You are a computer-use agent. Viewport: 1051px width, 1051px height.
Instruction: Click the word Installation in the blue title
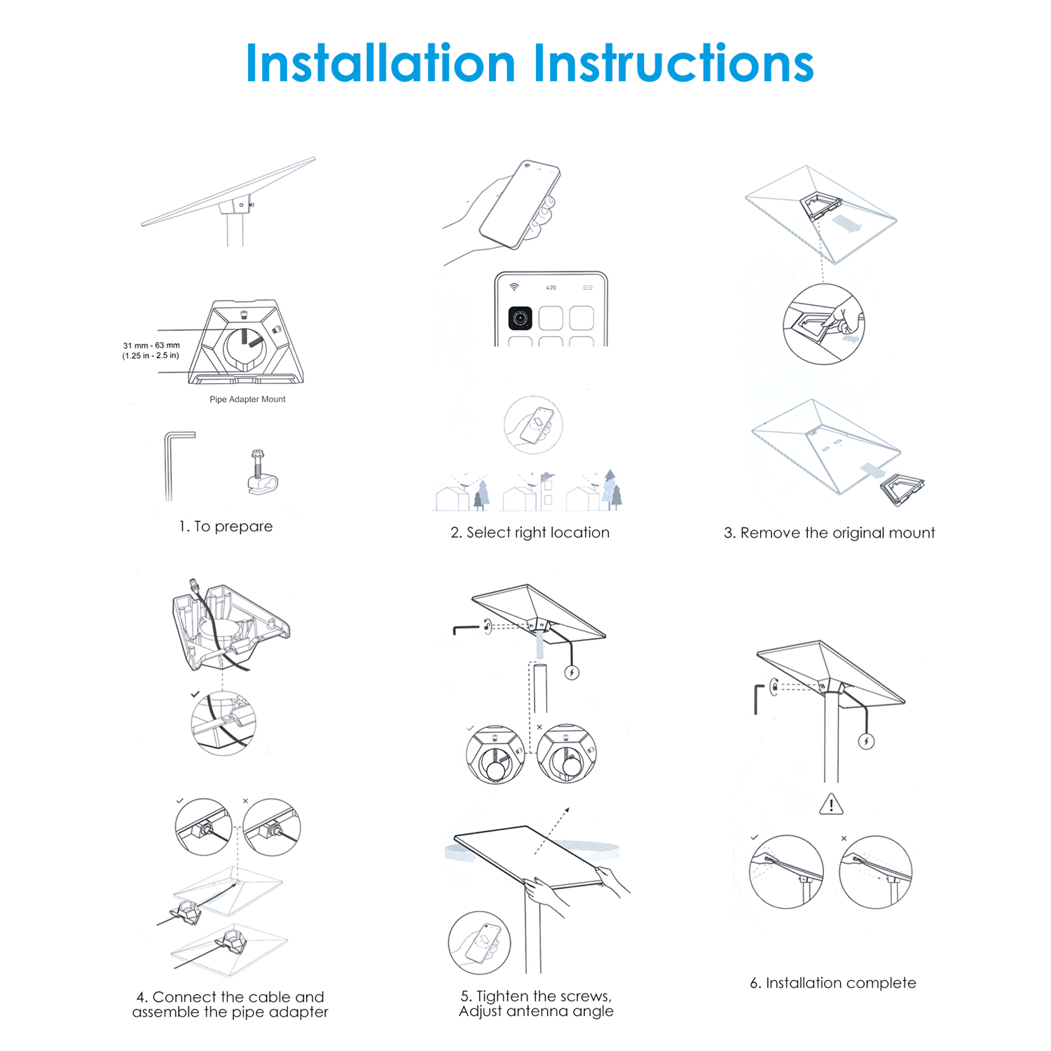[x=380, y=63]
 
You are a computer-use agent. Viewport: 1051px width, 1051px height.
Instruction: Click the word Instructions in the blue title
[x=673, y=63]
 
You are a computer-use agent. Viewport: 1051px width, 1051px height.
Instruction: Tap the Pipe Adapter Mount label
[x=247, y=399]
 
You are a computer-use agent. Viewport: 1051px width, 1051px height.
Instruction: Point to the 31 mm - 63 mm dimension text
[x=151, y=345]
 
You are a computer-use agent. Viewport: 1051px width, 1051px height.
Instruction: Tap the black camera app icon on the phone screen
[x=520, y=318]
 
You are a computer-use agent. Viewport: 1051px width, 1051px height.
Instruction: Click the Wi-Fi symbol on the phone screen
[x=514, y=287]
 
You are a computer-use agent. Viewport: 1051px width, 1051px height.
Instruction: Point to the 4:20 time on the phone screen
[x=551, y=288]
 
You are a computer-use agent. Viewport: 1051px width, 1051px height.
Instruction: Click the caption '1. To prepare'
[x=226, y=526]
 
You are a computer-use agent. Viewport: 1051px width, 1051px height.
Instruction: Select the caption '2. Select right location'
[x=530, y=533]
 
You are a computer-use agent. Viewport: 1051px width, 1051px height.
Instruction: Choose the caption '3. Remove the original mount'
[x=829, y=533]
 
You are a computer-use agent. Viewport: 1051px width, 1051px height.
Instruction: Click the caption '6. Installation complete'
[x=833, y=983]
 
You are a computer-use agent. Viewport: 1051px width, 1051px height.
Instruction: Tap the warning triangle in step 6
[x=831, y=804]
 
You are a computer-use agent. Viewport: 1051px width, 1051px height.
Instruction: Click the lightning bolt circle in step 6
[x=867, y=741]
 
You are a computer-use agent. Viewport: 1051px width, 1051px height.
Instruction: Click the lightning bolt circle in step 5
[x=572, y=673]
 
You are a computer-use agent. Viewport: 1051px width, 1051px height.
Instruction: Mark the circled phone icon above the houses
[x=533, y=425]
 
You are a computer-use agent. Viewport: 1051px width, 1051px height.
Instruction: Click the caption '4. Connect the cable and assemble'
[x=231, y=1004]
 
